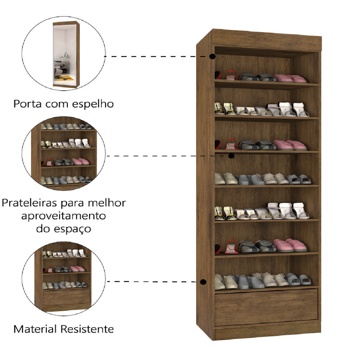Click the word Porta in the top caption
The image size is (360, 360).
point(27,104)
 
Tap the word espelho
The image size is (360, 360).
point(93,104)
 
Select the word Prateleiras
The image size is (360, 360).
point(29,203)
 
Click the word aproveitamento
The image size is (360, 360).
point(64,216)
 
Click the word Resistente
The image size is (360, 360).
point(87,329)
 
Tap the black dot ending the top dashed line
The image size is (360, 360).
point(212,56)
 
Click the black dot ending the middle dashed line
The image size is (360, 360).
point(231,156)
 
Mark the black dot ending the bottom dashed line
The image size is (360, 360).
point(203,282)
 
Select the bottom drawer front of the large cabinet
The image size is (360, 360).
point(266,307)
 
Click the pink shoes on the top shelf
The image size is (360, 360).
point(290,78)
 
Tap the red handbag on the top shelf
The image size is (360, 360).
point(231,76)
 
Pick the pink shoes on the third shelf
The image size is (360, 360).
point(290,145)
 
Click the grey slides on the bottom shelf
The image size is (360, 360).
point(298,279)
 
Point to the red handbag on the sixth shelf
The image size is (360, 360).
point(231,247)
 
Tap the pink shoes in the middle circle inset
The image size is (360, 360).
point(80,162)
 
